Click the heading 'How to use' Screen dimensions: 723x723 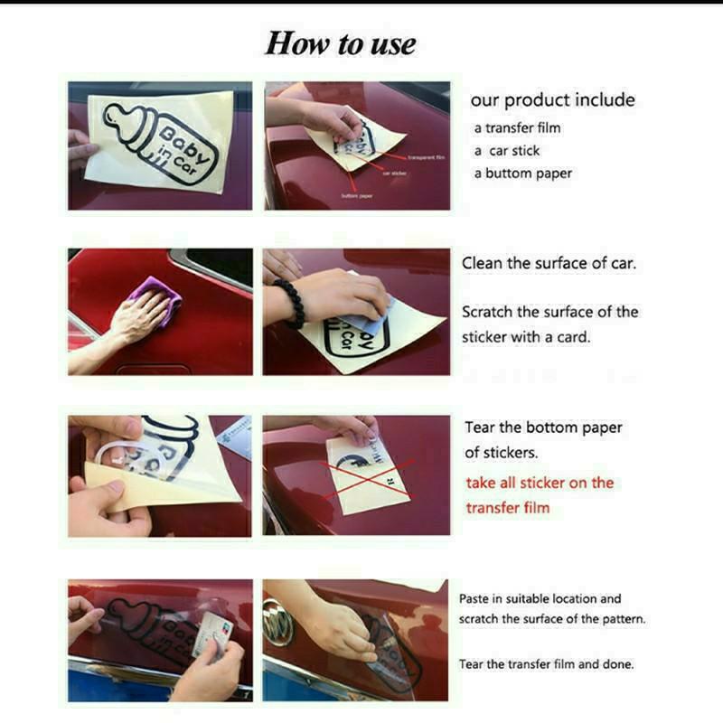(x=340, y=43)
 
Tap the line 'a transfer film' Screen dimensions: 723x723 (x=518, y=128)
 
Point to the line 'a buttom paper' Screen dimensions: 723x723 (x=523, y=174)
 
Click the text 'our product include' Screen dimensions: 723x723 (x=552, y=100)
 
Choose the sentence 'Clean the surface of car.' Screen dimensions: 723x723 (x=549, y=264)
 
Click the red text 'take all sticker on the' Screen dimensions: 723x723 (x=540, y=483)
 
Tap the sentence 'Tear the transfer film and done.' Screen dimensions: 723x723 (x=546, y=663)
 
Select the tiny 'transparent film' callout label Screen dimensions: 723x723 (x=427, y=157)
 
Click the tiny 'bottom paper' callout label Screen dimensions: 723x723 (x=357, y=195)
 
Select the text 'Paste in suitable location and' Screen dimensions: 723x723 (x=540, y=598)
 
